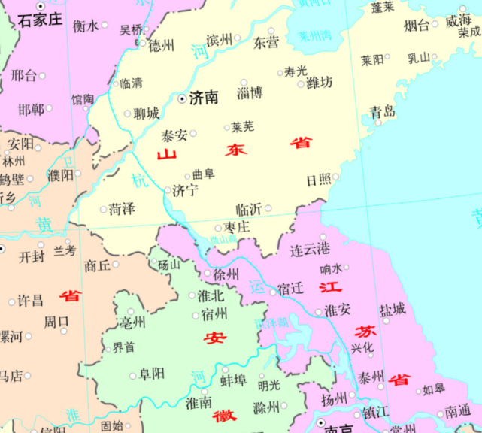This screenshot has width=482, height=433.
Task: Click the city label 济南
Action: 205,98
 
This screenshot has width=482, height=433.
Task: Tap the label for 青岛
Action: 382,112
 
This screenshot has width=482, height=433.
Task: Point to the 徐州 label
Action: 226,274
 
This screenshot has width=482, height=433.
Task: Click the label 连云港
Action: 310,248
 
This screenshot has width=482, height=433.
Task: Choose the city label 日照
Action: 318,180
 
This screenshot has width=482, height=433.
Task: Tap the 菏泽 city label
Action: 122,209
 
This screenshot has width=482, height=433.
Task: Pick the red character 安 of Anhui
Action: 214,338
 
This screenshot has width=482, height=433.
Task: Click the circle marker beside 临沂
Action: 268,208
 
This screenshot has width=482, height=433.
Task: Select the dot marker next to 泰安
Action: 193,134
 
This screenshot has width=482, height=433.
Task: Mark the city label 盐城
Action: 392,308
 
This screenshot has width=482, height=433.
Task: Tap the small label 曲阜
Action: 204,174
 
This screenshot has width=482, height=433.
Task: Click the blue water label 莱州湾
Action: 314,35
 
